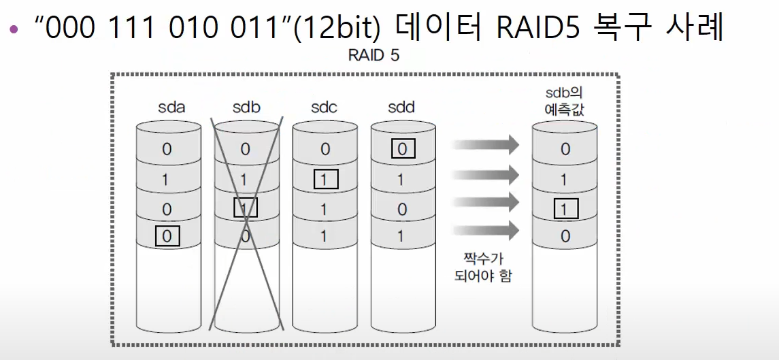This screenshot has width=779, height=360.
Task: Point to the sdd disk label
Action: click(401, 107)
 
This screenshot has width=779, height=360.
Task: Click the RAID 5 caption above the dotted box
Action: click(374, 56)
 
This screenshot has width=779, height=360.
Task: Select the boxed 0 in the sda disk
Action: click(167, 237)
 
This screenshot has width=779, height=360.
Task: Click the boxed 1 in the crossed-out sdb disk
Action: click(245, 208)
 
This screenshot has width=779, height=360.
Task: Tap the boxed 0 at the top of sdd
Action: click(402, 149)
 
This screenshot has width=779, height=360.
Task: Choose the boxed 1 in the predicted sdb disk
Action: click(565, 208)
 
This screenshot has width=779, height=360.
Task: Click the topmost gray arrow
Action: click(485, 144)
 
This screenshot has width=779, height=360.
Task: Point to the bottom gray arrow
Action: click(485, 230)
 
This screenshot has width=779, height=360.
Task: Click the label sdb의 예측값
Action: click(565, 101)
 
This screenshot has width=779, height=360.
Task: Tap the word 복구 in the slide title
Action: click(618, 29)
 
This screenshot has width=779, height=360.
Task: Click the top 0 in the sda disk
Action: click(167, 150)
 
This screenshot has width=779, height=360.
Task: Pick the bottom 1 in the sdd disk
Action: click(402, 237)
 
